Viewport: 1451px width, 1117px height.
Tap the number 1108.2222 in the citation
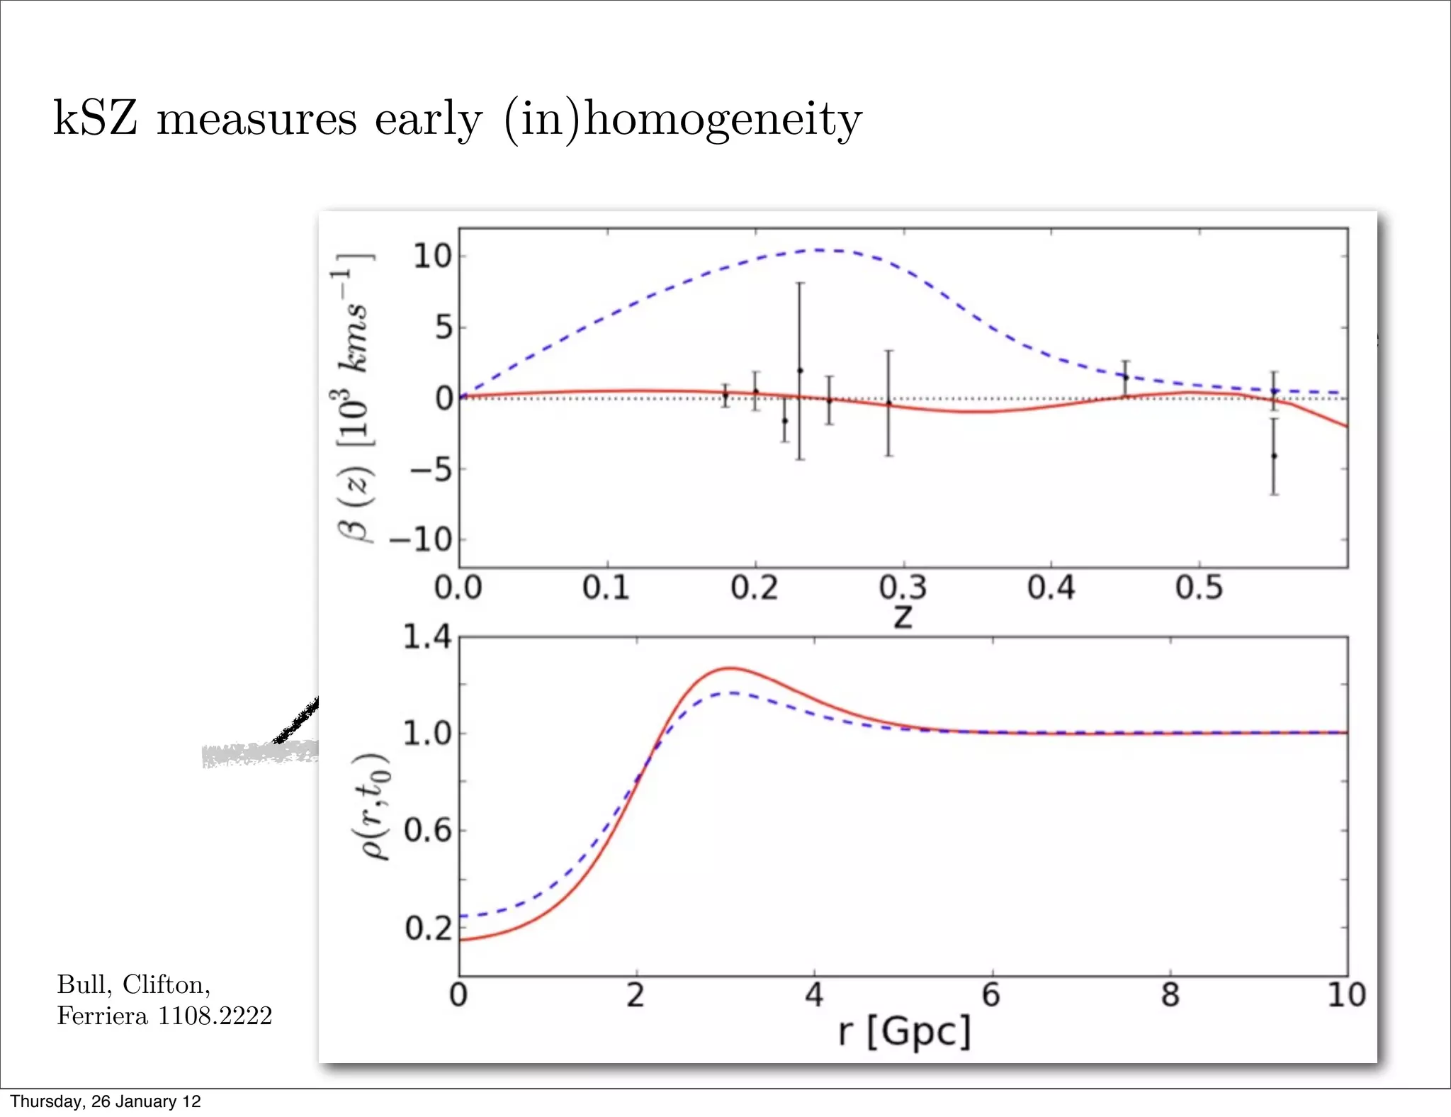pos(214,1016)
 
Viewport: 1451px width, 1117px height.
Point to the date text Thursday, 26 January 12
pos(106,1101)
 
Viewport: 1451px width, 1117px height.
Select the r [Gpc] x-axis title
pos(903,1031)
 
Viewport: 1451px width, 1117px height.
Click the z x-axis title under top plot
pos(903,616)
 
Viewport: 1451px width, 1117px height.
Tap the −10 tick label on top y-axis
pos(422,540)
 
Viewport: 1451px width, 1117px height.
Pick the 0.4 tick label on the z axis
pos(1051,588)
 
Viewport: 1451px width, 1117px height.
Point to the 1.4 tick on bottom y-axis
pos(427,636)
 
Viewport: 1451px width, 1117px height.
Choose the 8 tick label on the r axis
pos(1170,995)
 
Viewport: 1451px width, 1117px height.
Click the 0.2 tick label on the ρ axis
pos(428,928)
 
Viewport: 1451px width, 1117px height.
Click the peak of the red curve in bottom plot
pos(730,668)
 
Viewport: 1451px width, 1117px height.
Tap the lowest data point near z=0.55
pos(1274,456)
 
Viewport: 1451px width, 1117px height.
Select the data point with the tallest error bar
pos(800,371)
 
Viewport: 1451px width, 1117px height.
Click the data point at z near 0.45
pos(1125,377)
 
